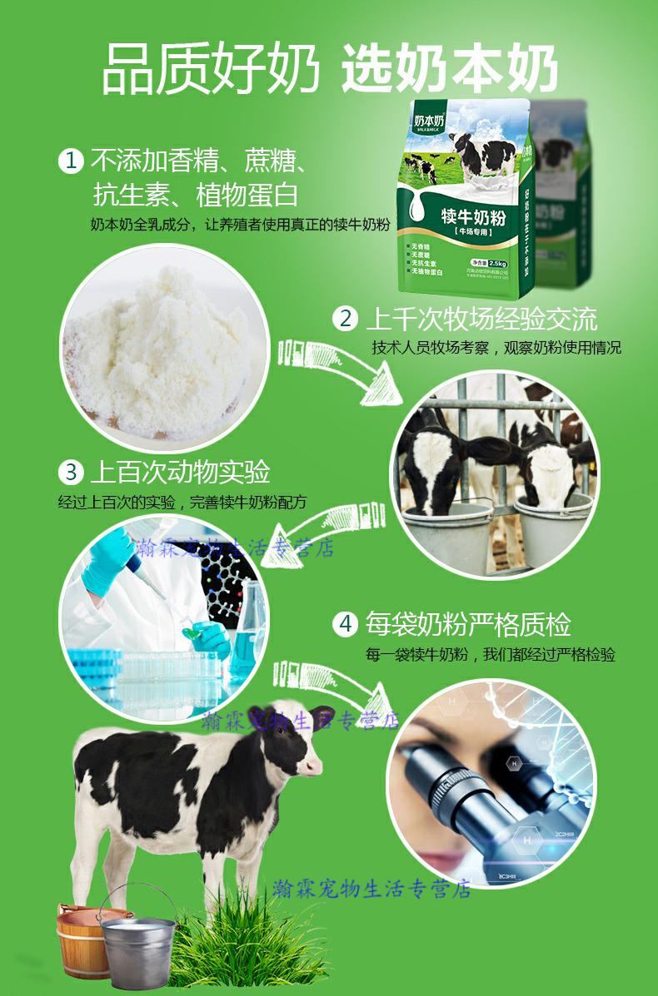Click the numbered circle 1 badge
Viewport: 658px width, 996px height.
click(72, 160)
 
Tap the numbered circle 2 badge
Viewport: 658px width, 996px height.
click(345, 318)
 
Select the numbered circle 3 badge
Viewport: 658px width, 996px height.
click(72, 473)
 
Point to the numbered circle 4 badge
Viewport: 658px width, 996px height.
click(345, 623)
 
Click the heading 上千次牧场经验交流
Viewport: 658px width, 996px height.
click(481, 318)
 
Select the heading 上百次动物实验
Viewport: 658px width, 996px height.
click(180, 473)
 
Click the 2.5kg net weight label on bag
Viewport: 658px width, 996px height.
click(499, 263)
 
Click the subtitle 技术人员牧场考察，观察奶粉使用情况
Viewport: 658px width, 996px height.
click(496, 348)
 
